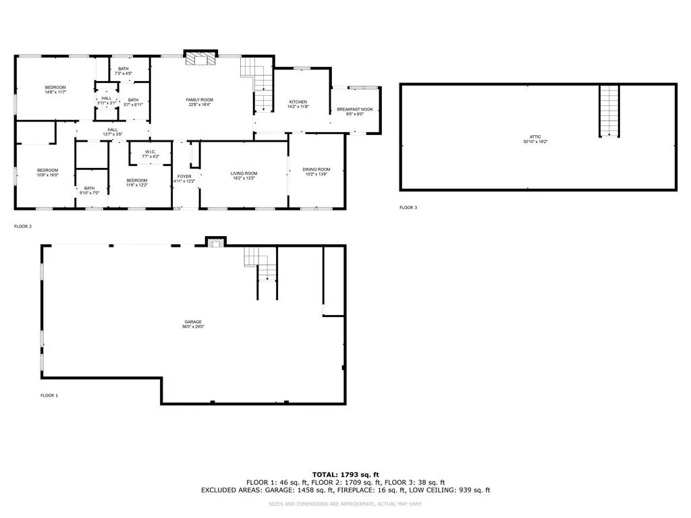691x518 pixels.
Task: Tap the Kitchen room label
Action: click(x=298, y=102)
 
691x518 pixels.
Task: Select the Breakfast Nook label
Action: click(x=355, y=109)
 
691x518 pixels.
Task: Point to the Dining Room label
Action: click(x=316, y=169)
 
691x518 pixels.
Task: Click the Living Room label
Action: click(x=244, y=173)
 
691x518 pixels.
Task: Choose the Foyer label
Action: click(x=184, y=177)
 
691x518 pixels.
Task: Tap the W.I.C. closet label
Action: click(x=150, y=152)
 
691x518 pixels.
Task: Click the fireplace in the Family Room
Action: click(x=200, y=60)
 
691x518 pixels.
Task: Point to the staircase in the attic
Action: click(x=609, y=111)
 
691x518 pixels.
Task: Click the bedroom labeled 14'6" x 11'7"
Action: click(x=55, y=88)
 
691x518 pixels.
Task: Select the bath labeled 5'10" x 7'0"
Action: click(x=90, y=189)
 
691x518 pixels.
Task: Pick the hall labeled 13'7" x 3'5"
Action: click(x=112, y=130)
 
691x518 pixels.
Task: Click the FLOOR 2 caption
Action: click(x=22, y=227)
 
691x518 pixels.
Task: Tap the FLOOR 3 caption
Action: click(x=408, y=208)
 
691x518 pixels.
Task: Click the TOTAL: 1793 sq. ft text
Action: click(x=345, y=474)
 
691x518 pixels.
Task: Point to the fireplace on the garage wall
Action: click(x=215, y=241)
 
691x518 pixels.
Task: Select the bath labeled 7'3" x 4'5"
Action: click(x=123, y=69)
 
